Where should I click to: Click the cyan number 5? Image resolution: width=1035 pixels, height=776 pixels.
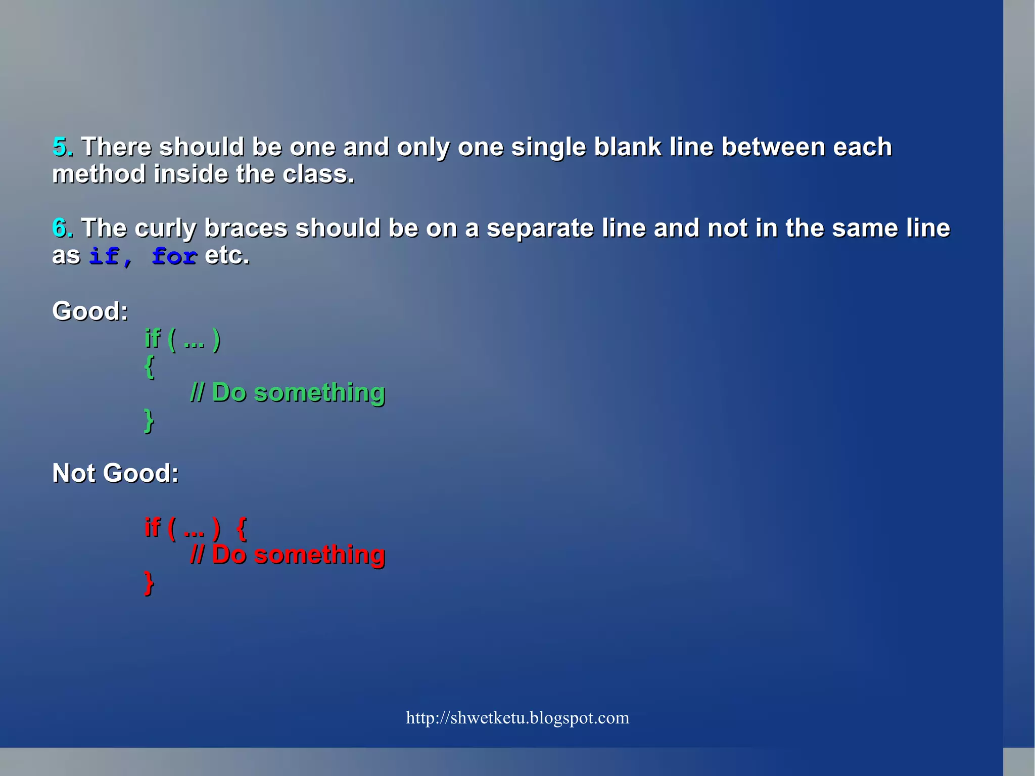60,147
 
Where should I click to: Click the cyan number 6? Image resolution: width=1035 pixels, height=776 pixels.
60,228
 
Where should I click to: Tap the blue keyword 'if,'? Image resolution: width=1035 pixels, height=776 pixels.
111,256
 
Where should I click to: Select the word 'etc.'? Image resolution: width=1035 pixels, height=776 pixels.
227,256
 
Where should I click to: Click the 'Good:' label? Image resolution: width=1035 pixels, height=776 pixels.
90,311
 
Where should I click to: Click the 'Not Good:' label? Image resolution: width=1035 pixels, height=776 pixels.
115,474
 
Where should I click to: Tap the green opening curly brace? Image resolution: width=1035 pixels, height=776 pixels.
149,367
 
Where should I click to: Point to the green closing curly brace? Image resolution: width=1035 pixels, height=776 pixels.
149,421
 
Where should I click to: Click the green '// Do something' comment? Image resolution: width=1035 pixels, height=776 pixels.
288,393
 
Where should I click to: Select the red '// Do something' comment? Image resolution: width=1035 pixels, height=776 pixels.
288,555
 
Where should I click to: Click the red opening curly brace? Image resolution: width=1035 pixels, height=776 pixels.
242,529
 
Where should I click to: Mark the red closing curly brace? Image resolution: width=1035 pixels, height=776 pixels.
149,583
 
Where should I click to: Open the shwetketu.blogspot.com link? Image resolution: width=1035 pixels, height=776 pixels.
517,718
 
